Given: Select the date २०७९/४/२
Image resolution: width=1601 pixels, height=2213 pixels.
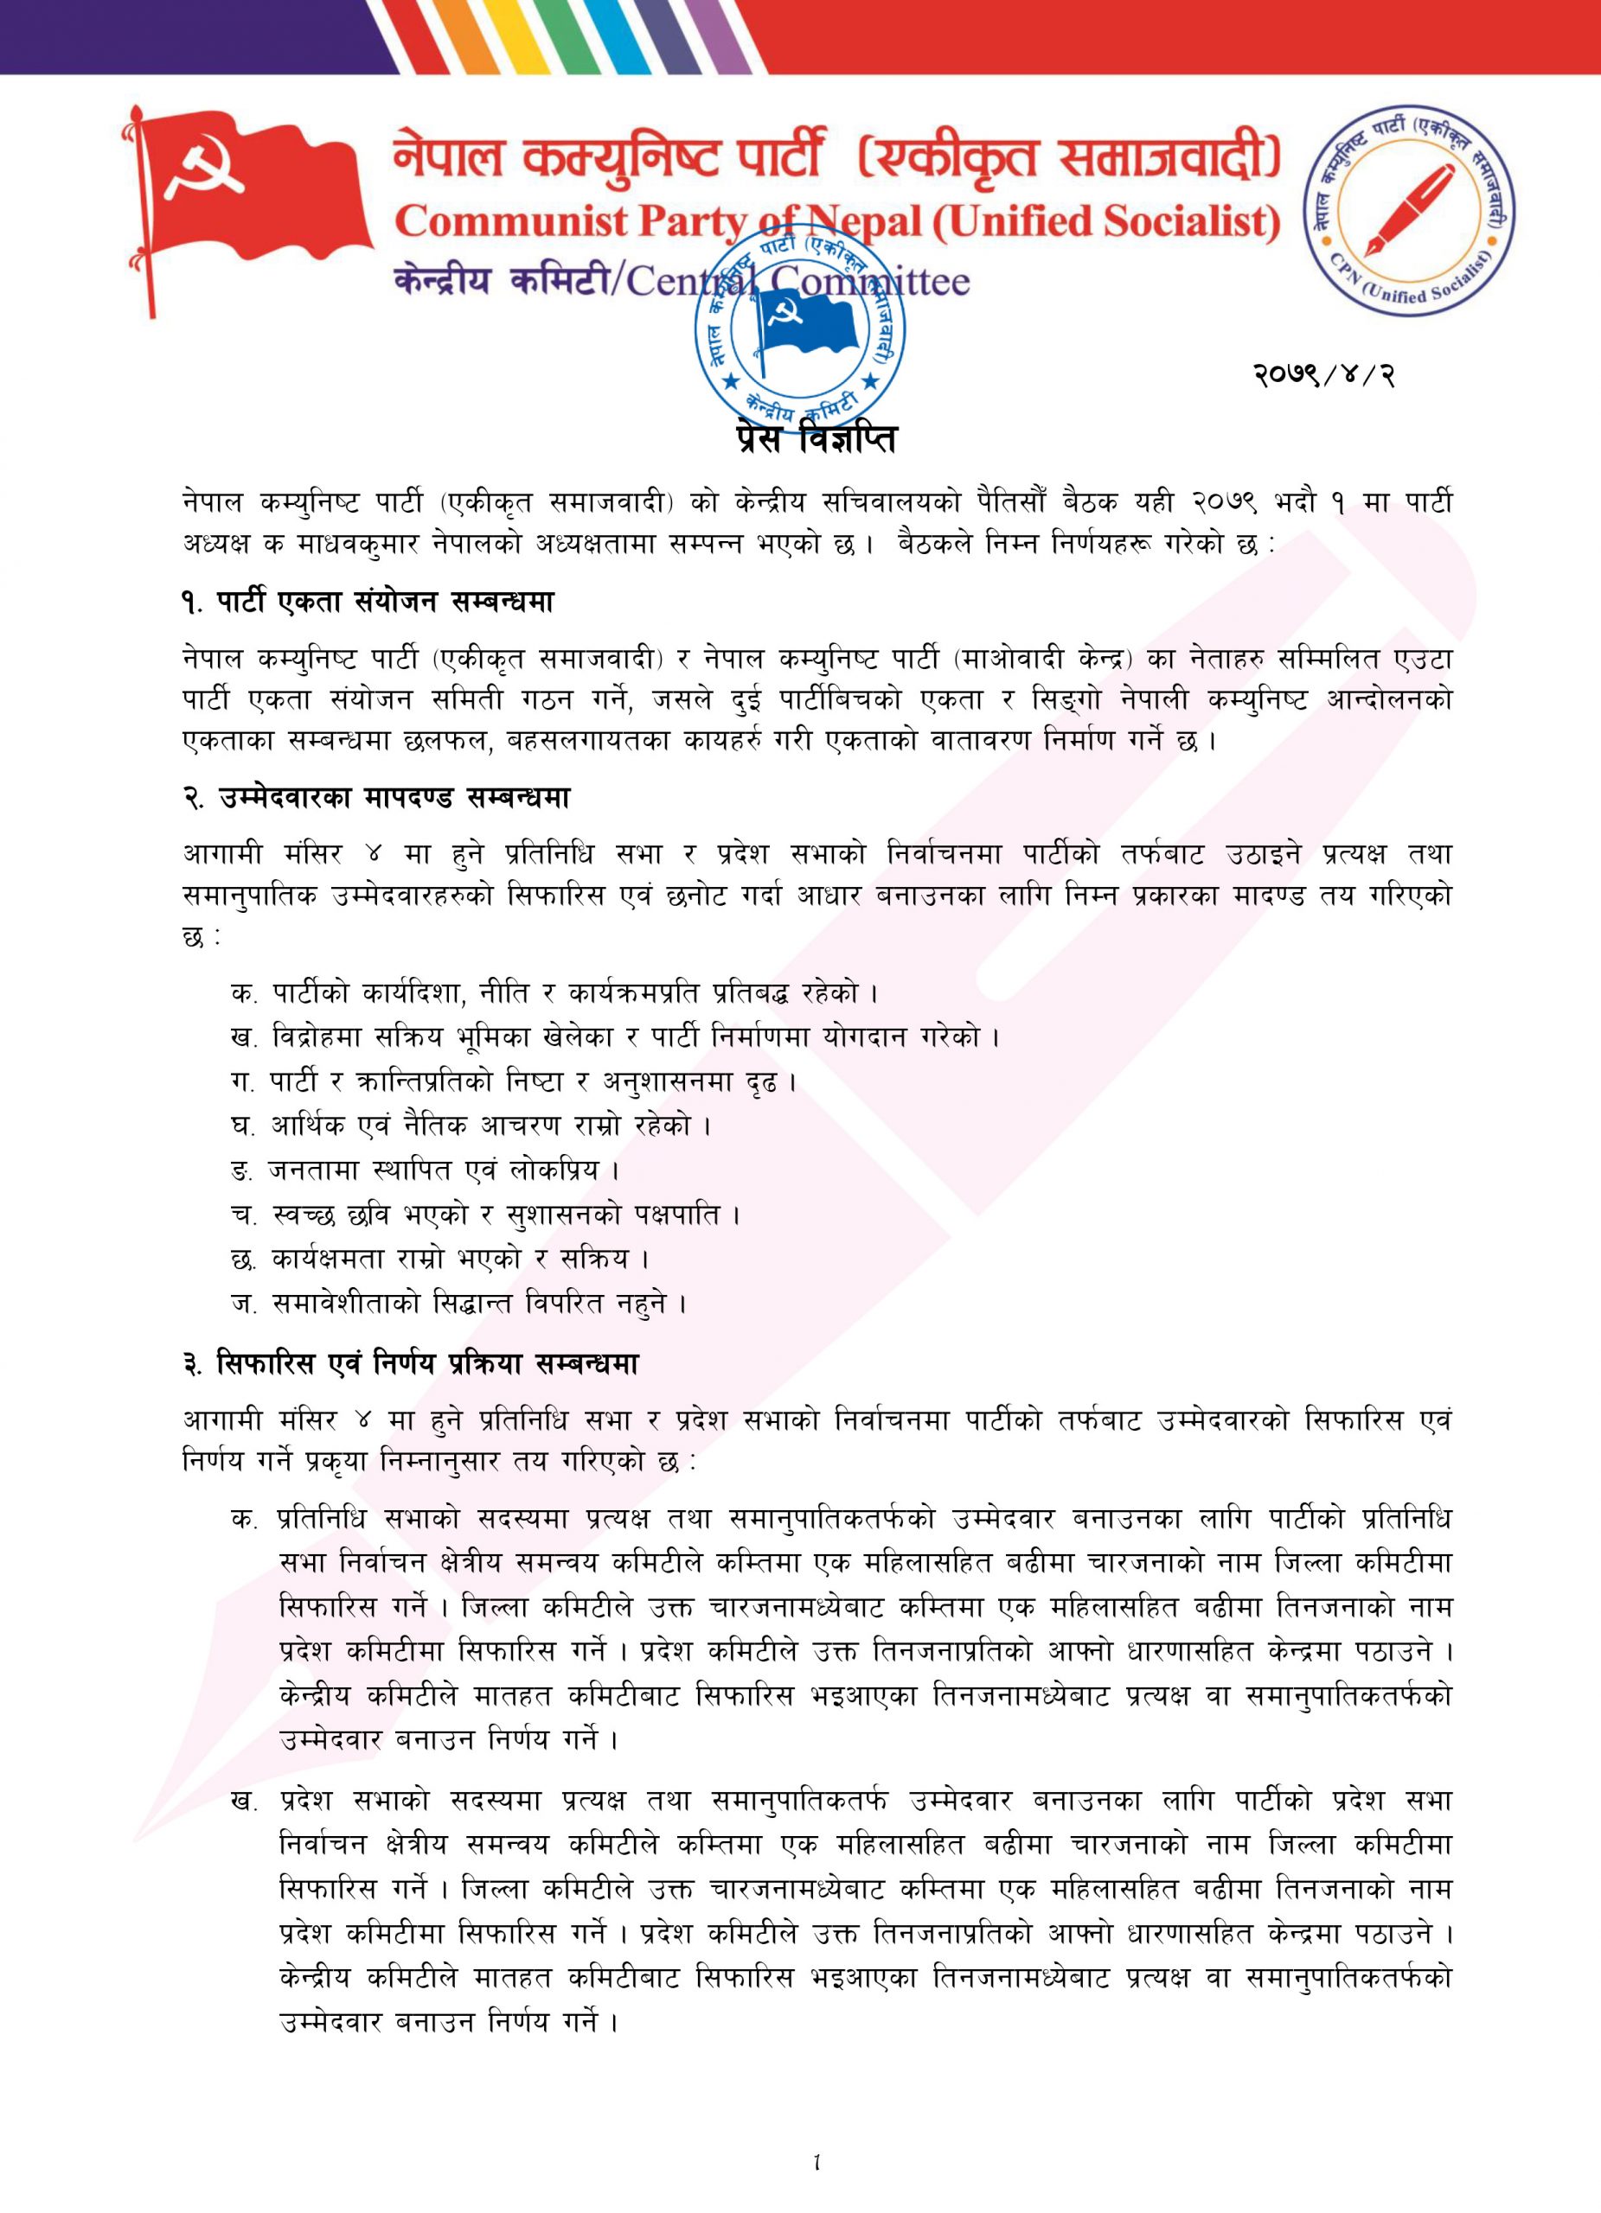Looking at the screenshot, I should (x=1323, y=373).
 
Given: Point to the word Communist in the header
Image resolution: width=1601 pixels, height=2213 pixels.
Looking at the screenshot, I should (x=510, y=222).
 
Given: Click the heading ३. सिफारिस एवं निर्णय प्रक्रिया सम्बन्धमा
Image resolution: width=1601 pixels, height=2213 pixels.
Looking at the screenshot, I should (x=410, y=1364).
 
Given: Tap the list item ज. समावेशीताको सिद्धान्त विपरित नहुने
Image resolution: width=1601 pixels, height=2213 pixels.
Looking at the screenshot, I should (x=458, y=1303).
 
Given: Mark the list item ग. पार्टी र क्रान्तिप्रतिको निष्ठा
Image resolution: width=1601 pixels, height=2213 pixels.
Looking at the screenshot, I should (x=514, y=1081).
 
